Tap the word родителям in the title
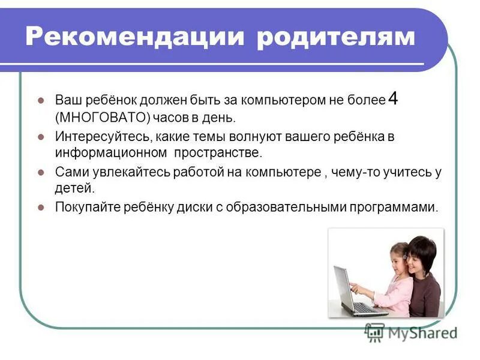(x=336, y=37)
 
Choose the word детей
(x=75, y=188)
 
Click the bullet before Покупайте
(x=41, y=208)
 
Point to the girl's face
(x=398, y=257)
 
